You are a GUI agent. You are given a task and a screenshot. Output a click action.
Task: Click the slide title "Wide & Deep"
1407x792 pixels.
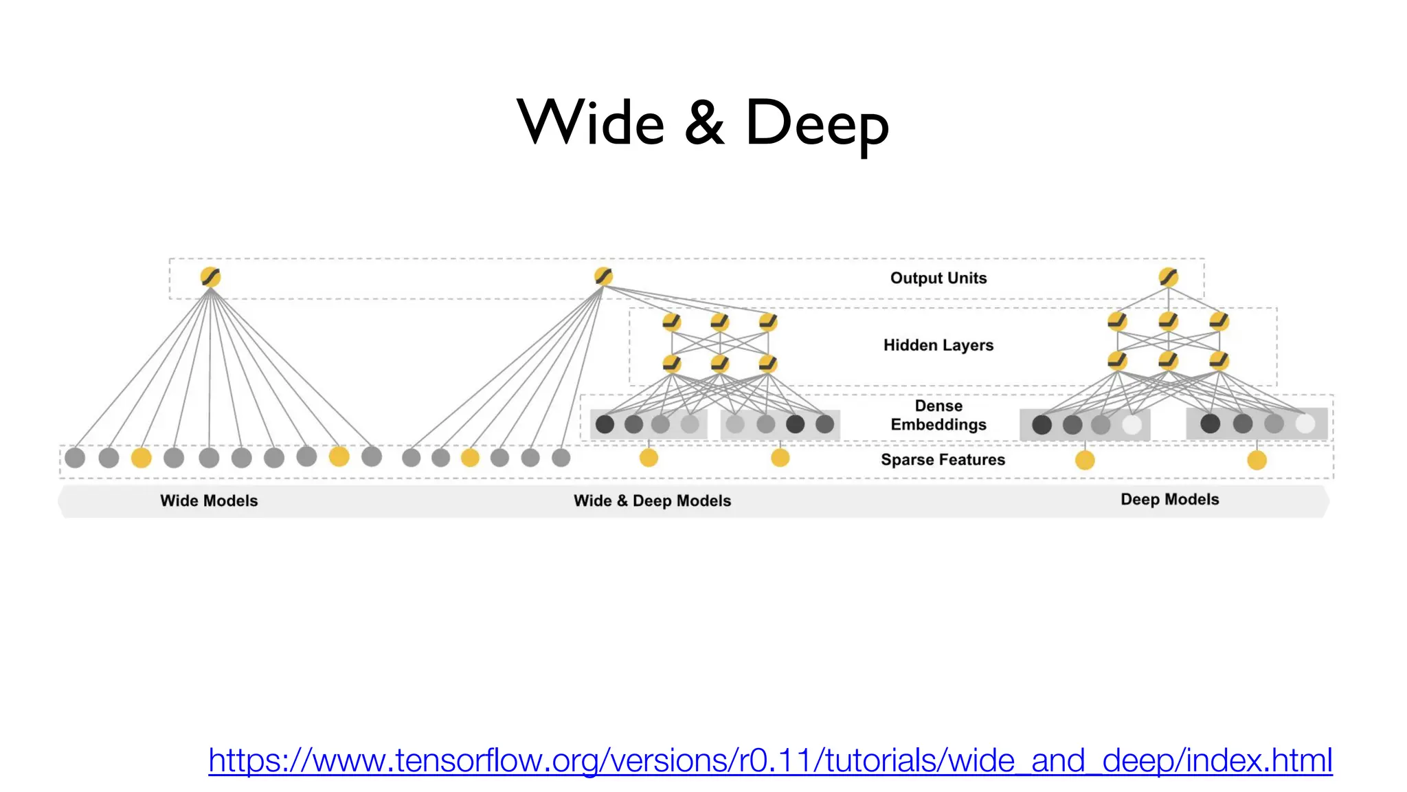pyautogui.click(x=703, y=123)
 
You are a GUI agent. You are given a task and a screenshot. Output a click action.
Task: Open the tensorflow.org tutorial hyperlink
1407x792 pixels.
pyautogui.click(x=770, y=760)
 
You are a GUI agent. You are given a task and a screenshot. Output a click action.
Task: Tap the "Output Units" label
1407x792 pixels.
pyautogui.click(x=938, y=278)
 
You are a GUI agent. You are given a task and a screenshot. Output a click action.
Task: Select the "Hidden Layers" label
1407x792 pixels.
pyautogui.click(x=938, y=345)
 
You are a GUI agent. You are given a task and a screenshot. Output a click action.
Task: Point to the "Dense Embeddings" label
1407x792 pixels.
pyautogui.click(x=938, y=415)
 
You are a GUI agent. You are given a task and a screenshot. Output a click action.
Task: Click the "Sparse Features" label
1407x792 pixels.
pyautogui.click(x=943, y=459)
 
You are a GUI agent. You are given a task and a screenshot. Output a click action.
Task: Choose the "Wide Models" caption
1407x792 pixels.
pyautogui.click(x=209, y=500)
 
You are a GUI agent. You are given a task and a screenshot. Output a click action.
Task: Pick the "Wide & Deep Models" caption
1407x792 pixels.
pyautogui.click(x=652, y=500)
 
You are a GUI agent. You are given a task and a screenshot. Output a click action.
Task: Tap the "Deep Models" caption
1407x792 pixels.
pyautogui.click(x=1169, y=499)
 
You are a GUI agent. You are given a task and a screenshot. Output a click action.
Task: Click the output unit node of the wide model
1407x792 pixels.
pyautogui.click(x=210, y=277)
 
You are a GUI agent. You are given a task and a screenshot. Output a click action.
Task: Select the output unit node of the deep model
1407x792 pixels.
pyautogui.click(x=1168, y=277)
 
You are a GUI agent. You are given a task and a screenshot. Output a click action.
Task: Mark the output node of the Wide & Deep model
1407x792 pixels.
pyautogui.click(x=603, y=276)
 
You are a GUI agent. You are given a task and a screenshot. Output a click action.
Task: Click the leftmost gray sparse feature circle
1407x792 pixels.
pyautogui.click(x=75, y=457)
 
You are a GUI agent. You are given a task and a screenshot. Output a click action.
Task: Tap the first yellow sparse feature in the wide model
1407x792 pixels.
pyautogui.click(x=141, y=457)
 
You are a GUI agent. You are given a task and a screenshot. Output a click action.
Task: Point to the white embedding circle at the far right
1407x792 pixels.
pyautogui.click(x=1305, y=423)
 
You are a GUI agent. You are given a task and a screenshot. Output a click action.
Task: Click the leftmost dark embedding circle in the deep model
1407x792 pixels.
pyautogui.click(x=1042, y=424)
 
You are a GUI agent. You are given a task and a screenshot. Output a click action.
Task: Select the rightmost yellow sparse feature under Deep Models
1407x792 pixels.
pyautogui.click(x=1257, y=460)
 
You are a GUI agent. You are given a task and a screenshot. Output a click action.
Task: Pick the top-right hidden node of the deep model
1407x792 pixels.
pyautogui.click(x=1219, y=321)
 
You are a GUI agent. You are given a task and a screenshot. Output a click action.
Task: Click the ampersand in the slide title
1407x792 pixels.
pyautogui.click(x=704, y=124)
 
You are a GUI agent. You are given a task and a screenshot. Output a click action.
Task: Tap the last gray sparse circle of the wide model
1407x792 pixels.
pyautogui.click(x=372, y=456)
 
